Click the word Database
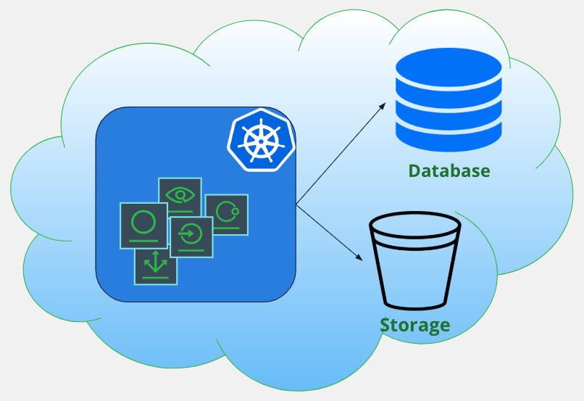449,171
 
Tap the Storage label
414,324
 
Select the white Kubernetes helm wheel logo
260,139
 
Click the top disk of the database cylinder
449,69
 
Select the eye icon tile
180,197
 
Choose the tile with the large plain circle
143,225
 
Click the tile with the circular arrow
191,236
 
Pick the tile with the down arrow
155,265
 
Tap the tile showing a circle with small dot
227,215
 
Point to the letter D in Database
415,171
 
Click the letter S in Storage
386,324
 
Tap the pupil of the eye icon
180,194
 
